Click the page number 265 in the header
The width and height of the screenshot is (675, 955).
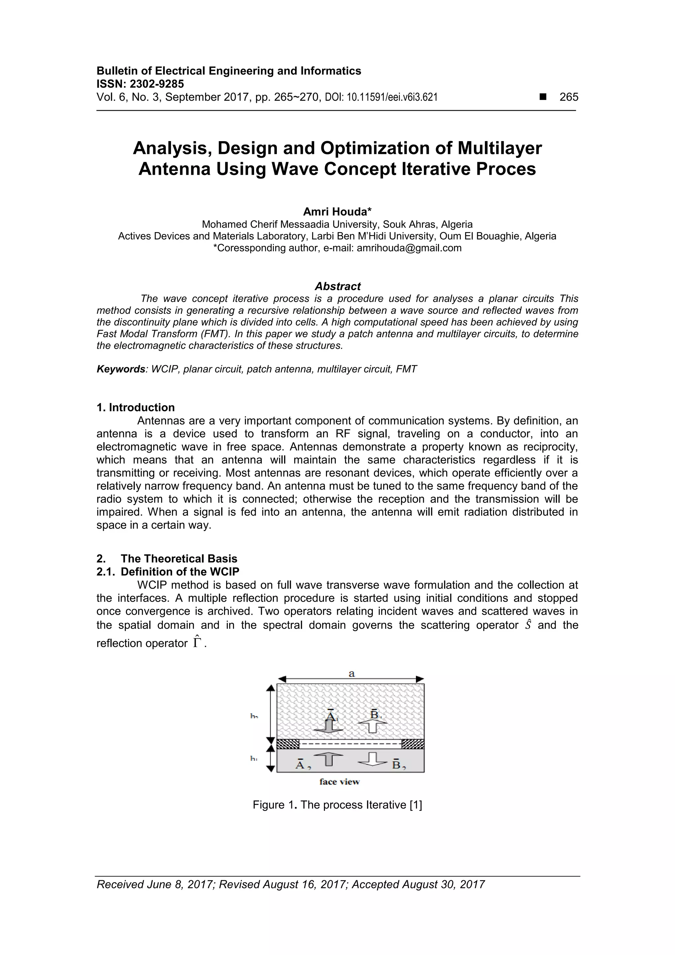[x=569, y=97]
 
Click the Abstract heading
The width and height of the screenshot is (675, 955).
[x=337, y=286]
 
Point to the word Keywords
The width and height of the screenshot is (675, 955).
[x=121, y=369]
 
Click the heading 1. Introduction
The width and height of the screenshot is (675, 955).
[x=135, y=408]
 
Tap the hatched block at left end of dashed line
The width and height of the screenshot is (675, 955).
[x=288, y=744]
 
